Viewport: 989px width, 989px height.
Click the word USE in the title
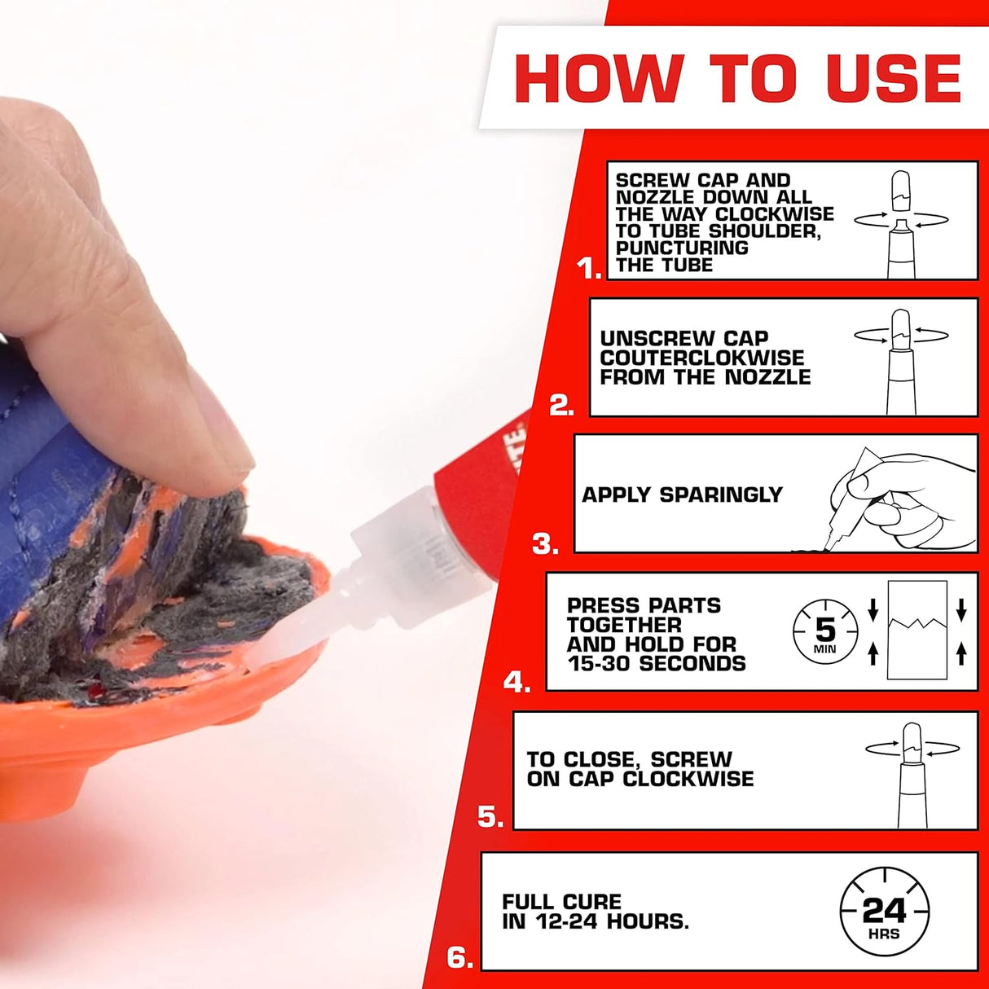coord(893,79)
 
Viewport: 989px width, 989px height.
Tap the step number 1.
coord(588,268)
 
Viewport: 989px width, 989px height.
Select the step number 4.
coord(516,682)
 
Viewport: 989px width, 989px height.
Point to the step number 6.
coord(459,958)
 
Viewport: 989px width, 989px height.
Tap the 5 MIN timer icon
coord(825,631)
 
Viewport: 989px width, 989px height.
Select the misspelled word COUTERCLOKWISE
coord(701,358)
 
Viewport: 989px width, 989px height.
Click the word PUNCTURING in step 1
coord(682,248)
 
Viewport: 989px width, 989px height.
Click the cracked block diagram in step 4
coord(917,630)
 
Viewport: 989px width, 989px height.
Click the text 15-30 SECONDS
coord(656,664)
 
